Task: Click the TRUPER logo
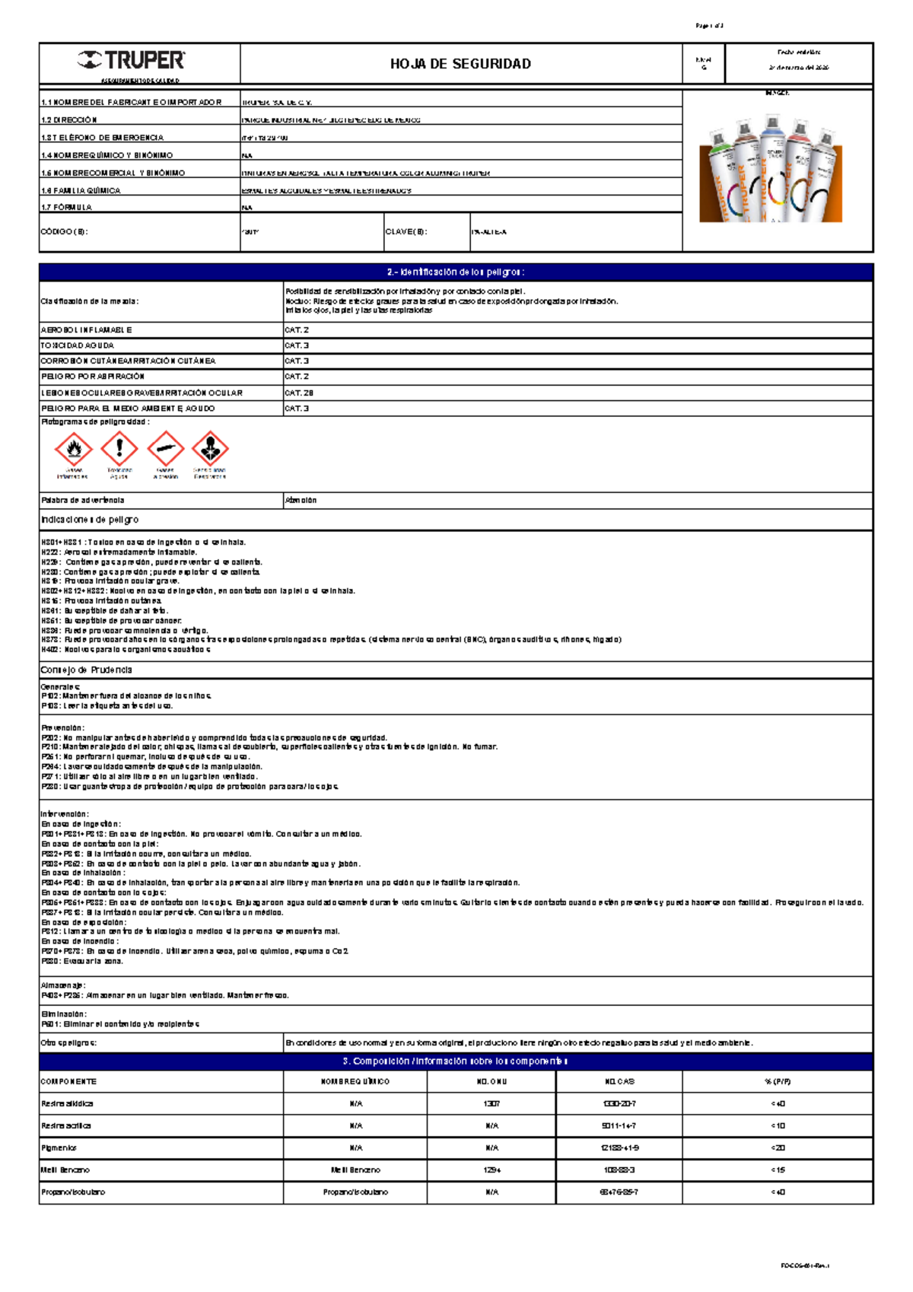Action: [x=131, y=60]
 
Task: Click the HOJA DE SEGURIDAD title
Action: [x=460, y=64]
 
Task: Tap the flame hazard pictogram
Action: [x=74, y=449]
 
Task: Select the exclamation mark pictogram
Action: [x=119, y=448]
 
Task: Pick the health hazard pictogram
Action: [x=210, y=449]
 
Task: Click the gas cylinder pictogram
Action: [x=165, y=449]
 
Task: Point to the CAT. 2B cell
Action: [x=299, y=393]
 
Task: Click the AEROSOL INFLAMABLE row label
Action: [x=87, y=330]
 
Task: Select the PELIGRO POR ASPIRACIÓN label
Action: [x=93, y=377]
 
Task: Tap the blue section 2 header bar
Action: [x=456, y=272]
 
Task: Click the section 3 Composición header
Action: [x=456, y=1061]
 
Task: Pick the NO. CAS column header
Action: [x=619, y=1081]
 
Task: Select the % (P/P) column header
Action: [x=778, y=1081]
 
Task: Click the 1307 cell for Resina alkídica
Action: [x=491, y=1103]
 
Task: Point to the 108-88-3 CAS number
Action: [x=619, y=1170]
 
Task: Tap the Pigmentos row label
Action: [x=59, y=1148]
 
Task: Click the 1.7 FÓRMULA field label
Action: [x=67, y=207]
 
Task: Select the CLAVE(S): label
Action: [x=406, y=232]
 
